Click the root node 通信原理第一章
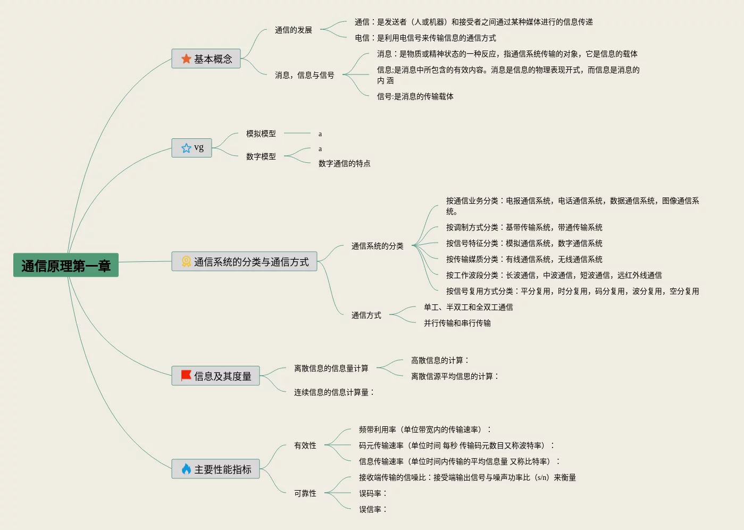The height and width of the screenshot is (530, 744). coord(66,266)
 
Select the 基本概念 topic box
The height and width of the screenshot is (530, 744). coord(206,59)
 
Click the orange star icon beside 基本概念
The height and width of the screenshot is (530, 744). coord(186,59)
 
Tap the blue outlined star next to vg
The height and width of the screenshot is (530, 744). coord(186,148)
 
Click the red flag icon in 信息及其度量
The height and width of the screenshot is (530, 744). coord(186,376)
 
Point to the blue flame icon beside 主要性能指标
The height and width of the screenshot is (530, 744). coord(186,469)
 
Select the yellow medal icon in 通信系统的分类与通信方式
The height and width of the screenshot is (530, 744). coord(186,261)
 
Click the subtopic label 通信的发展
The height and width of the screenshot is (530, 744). coord(294,30)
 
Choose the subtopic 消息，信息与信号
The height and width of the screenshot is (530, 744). coord(305,76)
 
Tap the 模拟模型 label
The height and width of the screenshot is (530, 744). coord(261,134)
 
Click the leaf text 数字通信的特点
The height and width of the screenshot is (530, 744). coord(345,163)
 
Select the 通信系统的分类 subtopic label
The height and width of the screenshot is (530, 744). coord(378,246)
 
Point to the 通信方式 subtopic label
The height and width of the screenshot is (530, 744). coord(366,315)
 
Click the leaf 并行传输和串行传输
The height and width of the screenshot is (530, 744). coord(457,323)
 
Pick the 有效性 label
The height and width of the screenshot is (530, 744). coord(305,445)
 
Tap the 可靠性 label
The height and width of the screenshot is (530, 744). coord(305,493)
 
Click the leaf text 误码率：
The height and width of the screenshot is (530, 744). coord(373,493)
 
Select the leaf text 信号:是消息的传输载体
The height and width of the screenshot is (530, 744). coord(415,96)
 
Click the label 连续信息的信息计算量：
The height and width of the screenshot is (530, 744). coord(334,392)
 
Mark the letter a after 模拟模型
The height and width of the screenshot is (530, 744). coord(320,134)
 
